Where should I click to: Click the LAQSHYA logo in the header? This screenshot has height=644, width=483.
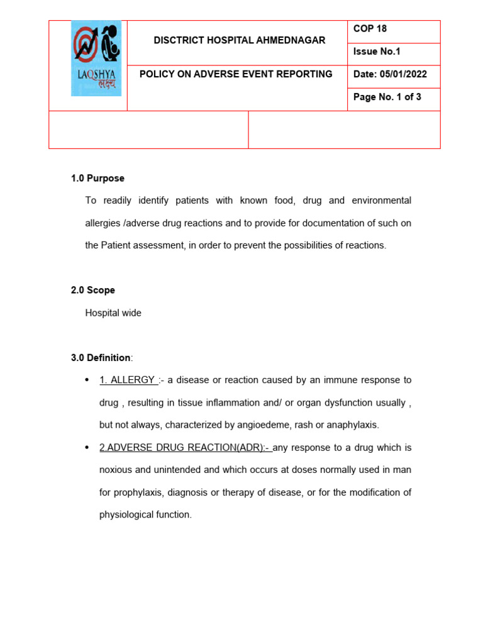pyautogui.click(x=96, y=58)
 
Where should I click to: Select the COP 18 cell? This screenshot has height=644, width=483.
pyautogui.click(x=370, y=29)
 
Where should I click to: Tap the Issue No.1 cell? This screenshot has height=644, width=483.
pyautogui.click(x=377, y=52)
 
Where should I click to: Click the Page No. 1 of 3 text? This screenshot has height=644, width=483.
pyautogui.click(x=387, y=97)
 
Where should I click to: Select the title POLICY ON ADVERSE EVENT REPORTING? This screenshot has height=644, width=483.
pyautogui.click(x=236, y=74)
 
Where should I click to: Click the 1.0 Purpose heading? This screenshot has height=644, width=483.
pyautogui.click(x=97, y=179)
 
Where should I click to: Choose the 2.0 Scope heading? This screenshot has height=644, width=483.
pyautogui.click(x=93, y=291)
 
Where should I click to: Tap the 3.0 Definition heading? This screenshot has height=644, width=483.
pyautogui.click(x=101, y=358)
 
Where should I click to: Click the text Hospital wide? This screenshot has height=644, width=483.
pyautogui.click(x=113, y=313)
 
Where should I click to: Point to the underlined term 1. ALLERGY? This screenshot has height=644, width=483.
pyautogui.click(x=127, y=380)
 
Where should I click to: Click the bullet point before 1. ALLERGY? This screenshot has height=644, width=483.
pyautogui.click(x=86, y=380)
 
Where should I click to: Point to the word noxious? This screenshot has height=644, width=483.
pyautogui.click(x=116, y=470)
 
